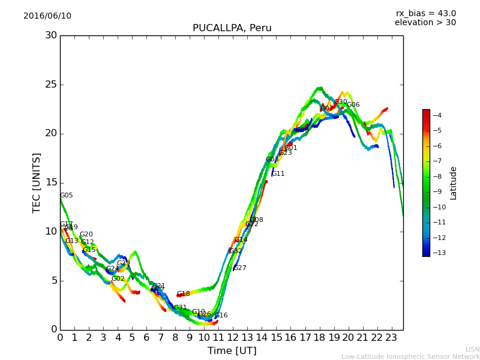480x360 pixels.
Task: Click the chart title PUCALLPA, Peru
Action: (x=232, y=28)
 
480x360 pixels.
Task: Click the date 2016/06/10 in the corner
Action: (x=47, y=16)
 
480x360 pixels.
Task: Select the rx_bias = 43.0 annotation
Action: (x=425, y=14)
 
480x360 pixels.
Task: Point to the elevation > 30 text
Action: (x=425, y=23)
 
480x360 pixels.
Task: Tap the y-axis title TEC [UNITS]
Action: (x=37, y=182)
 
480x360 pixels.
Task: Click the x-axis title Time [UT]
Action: (x=232, y=351)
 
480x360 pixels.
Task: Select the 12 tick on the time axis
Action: (x=233, y=338)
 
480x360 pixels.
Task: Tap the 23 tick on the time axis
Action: (x=392, y=338)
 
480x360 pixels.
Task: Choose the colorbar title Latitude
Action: (x=454, y=182)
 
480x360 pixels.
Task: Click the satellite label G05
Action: (x=66, y=196)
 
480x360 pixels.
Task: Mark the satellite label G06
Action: (x=353, y=105)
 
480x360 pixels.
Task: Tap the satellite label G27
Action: (x=239, y=268)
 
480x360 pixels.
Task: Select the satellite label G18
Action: (x=183, y=294)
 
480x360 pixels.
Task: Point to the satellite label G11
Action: (x=278, y=174)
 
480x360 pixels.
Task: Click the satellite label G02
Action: (x=118, y=279)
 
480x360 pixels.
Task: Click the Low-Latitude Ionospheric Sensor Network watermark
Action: (x=410, y=357)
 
